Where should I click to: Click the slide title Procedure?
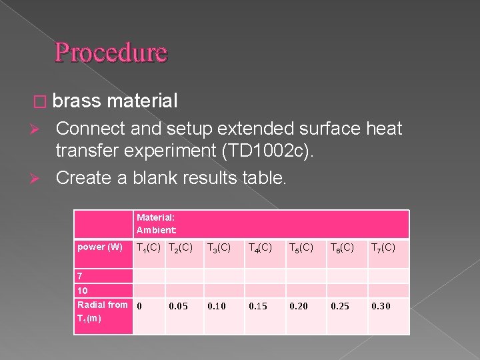pos(111,52)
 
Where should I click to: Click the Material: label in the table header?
pos(155,217)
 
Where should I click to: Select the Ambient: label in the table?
pos(157,230)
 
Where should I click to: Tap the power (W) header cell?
pos(100,247)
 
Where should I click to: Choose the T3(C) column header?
pos(219,248)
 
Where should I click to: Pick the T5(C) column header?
pos(301,248)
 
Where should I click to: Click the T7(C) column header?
pos(383,248)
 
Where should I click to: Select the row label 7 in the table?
pos(81,276)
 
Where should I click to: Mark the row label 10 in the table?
pos(83,291)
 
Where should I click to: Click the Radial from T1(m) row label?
pos(102,311)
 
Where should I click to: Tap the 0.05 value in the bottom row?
pos(178,307)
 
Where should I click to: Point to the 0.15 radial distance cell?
pos(259,307)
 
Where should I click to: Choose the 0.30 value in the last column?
pos(381,307)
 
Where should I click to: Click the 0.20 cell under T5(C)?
pos(300,307)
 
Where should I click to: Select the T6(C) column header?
pos(342,248)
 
